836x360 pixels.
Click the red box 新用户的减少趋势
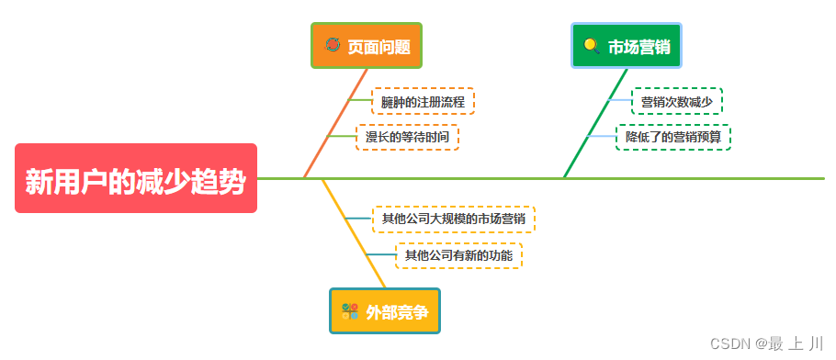pos(136,179)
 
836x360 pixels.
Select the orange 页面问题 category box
pos(367,46)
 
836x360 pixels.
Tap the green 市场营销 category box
pos(629,46)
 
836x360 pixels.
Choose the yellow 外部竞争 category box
pos(385,311)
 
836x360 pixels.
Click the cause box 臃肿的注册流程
pos(423,101)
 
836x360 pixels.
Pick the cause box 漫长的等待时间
pos(407,137)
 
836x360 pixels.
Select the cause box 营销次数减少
pos(676,101)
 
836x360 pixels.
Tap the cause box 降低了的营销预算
pos(673,137)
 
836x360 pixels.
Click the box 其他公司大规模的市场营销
pos(453,219)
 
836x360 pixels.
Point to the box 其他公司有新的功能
pos(458,254)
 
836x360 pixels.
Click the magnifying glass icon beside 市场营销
pos(592,46)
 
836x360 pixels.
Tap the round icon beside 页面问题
pos(333,45)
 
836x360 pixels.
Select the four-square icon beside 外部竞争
pos(350,311)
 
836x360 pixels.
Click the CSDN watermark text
pos(767,343)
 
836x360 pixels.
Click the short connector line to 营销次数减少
pos(620,100)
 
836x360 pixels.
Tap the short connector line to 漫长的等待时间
pos(341,136)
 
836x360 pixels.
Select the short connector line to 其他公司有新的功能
pos(380,254)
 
